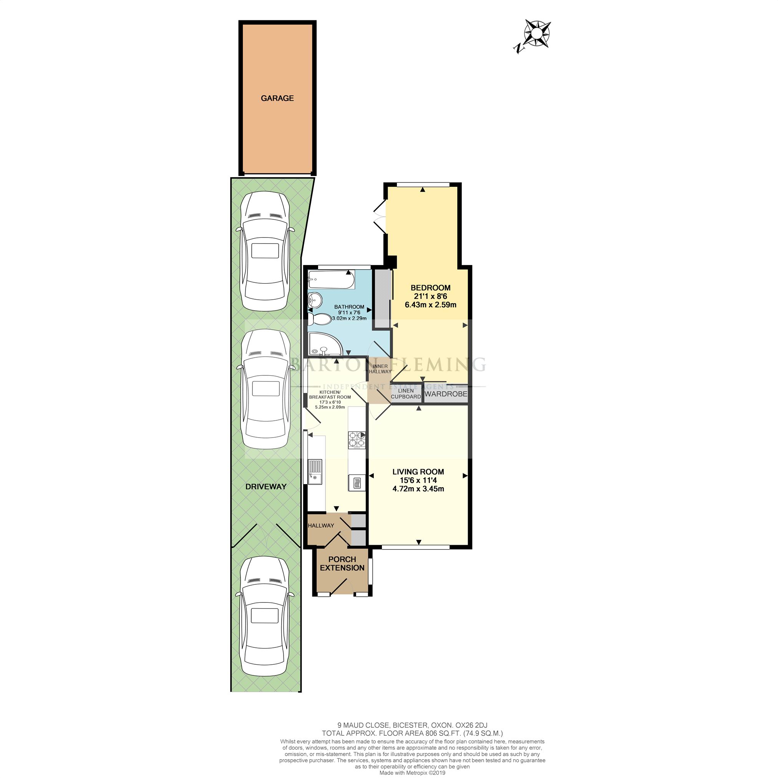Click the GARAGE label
coord(277,98)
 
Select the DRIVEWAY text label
coord(266,486)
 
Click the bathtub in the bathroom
coord(331,280)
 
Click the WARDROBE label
coord(446,394)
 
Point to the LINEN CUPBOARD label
coord(406,394)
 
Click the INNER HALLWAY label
coord(380,369)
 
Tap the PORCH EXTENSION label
coord(342,563)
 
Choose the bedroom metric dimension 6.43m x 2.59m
coord(430,305)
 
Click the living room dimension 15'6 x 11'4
coord(418,480)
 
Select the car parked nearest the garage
coord(265,252)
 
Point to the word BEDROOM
coord(430,287)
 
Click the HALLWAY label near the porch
coord(321,525)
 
